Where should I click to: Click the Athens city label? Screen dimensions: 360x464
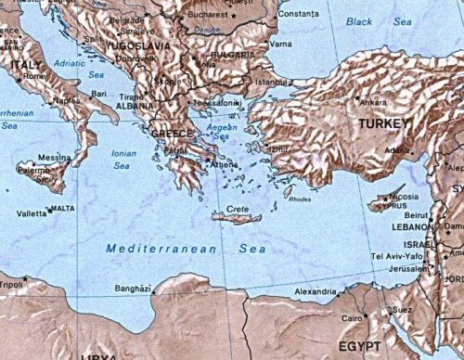[x=226, y=165]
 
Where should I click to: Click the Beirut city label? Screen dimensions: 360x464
[x=417, y=215]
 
